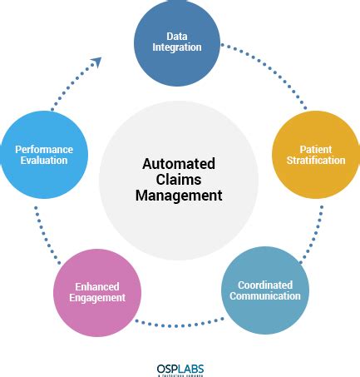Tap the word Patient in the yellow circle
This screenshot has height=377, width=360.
[x=309, y=149]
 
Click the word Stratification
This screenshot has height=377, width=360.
[x=309, y=160]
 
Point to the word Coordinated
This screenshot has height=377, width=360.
[x=264, y=285]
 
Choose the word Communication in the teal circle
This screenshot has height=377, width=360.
[x=264, y=295]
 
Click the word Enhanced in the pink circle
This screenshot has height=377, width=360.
[x=96, y=285]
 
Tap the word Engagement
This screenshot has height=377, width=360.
[x=96, y=297]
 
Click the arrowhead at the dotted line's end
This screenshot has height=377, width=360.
[x=96, y=62]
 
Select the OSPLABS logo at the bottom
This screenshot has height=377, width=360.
[x=180, y=367]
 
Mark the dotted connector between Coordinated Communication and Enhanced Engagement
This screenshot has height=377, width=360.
[x=180, y=323]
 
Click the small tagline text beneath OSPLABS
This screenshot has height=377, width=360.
[x=180, y=375]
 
